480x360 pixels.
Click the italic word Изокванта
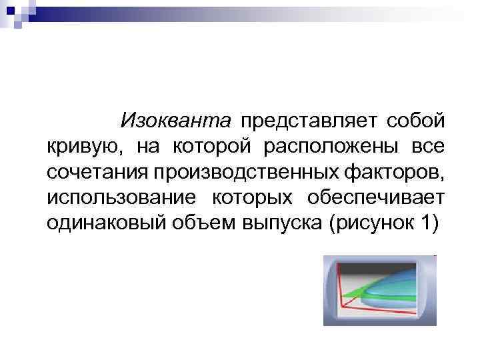click(x=176, y=121)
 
